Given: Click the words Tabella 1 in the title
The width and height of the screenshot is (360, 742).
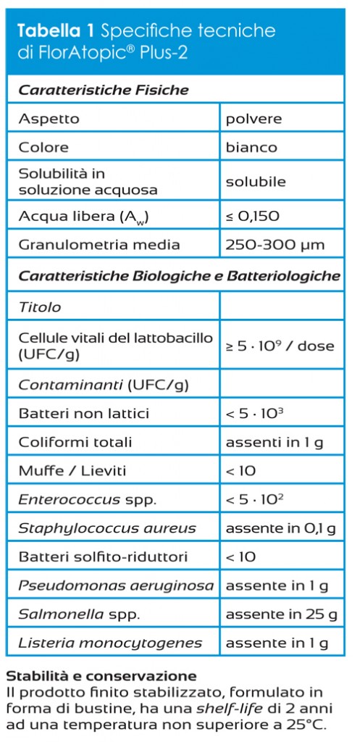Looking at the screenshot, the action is pos(56,30).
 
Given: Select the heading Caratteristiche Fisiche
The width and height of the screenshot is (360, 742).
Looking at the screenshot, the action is pos(103,91).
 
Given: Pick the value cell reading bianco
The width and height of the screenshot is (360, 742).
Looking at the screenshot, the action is pos(251,147).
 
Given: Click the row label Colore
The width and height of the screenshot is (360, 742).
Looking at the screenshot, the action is pos(43,147).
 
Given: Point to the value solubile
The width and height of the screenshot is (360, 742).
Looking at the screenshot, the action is pos(256,182).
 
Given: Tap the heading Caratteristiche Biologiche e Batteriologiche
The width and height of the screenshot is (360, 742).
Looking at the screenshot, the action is pos(179,276).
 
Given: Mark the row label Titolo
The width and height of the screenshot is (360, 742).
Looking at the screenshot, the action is pos(40,307).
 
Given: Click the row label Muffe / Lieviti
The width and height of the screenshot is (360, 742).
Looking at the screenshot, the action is pos(72,471).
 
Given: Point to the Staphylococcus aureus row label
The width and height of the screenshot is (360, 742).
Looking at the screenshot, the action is pos(107,528).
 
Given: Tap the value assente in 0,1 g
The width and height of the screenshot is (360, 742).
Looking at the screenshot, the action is pos(280,528).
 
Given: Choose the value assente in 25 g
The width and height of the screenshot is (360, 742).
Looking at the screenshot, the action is pos(280,614).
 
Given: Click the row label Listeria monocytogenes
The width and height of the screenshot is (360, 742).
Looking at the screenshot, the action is pos(109,643).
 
